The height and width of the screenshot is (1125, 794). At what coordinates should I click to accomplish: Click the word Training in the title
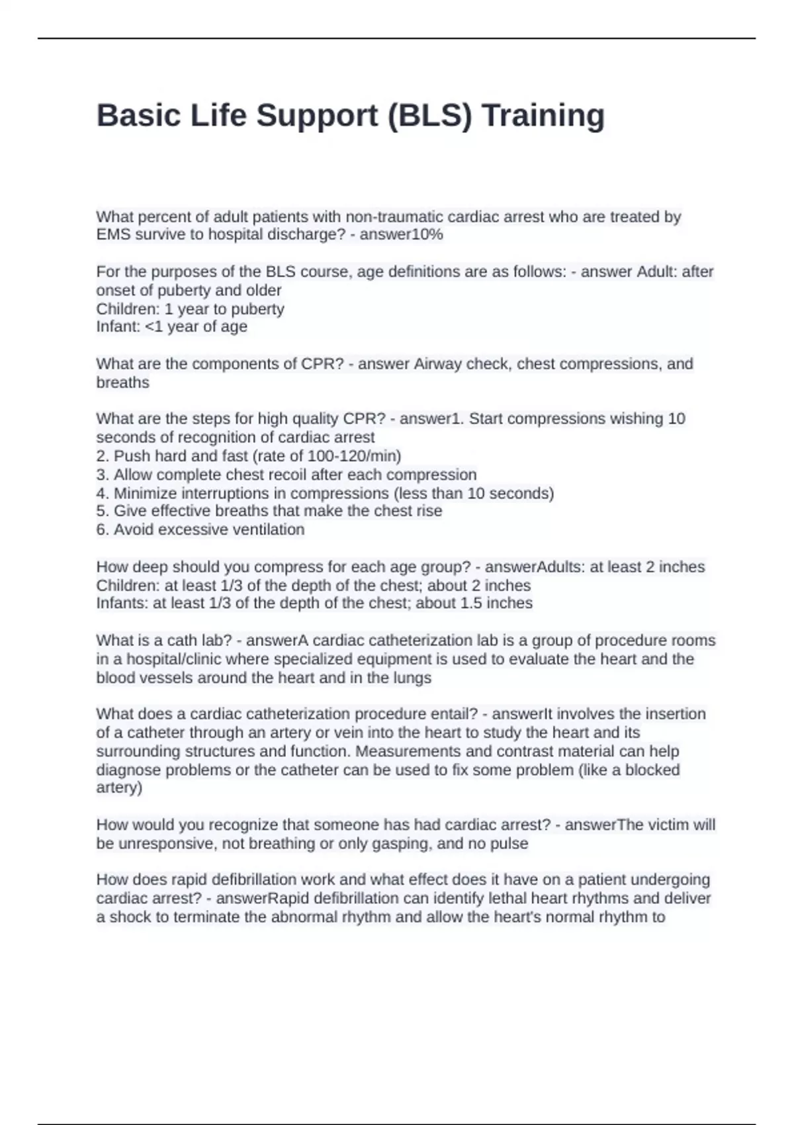pos(543,116)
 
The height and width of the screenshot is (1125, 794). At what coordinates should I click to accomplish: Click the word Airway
pos(437,364)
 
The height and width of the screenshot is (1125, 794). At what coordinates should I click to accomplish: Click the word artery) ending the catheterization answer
pos(119,788)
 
